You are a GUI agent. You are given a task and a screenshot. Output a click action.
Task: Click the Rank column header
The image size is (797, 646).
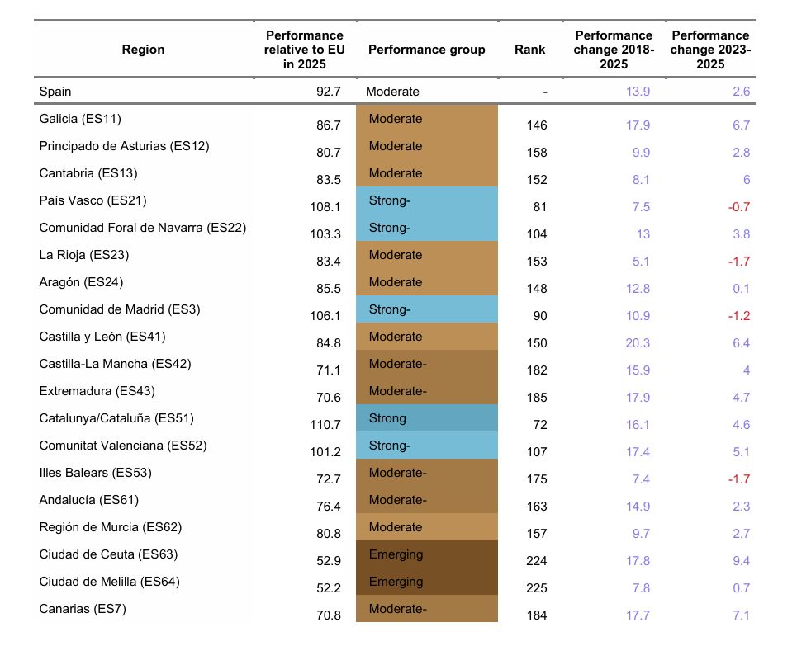(529, 50)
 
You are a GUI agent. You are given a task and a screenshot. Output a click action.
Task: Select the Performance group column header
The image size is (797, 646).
(426, 50)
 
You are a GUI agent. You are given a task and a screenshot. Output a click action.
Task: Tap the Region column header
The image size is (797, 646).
(144, 50)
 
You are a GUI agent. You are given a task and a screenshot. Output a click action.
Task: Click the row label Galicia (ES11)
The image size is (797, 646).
(80, 119)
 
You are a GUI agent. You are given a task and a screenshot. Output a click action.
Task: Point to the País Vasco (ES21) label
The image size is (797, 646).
(93, 200)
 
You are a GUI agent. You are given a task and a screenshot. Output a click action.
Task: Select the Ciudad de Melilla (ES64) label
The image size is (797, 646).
(109, 582)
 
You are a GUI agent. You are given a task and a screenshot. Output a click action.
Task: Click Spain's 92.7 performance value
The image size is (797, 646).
(329, 92)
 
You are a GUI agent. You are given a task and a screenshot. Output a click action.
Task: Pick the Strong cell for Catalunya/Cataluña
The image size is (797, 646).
(427, 418)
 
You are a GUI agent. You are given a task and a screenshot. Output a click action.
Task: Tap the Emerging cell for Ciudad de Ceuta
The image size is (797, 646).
(427, 554)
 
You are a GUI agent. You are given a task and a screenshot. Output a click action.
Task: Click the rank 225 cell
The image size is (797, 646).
(537, 588)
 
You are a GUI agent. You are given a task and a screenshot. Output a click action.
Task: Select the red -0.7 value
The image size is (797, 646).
(739, 207)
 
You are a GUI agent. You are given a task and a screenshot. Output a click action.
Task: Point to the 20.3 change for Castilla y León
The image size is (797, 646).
(638, 343)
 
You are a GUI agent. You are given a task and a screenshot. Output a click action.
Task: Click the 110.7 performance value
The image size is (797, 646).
(325, 425)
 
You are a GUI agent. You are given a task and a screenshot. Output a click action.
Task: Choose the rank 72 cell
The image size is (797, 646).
(540, 425)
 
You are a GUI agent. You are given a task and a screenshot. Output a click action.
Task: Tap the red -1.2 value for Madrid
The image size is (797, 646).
(739, 316)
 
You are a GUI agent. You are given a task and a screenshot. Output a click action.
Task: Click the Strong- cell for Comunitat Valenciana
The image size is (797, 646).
(427, 446)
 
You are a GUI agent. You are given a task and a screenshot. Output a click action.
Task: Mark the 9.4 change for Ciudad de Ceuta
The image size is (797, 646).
(741, 561)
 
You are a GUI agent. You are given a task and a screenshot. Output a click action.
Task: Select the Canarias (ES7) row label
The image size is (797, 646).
(83, 609)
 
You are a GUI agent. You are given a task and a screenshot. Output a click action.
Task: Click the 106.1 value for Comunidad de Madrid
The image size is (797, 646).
(325, 316)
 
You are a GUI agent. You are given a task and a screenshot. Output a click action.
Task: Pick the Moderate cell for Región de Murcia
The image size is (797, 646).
(427, 527)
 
